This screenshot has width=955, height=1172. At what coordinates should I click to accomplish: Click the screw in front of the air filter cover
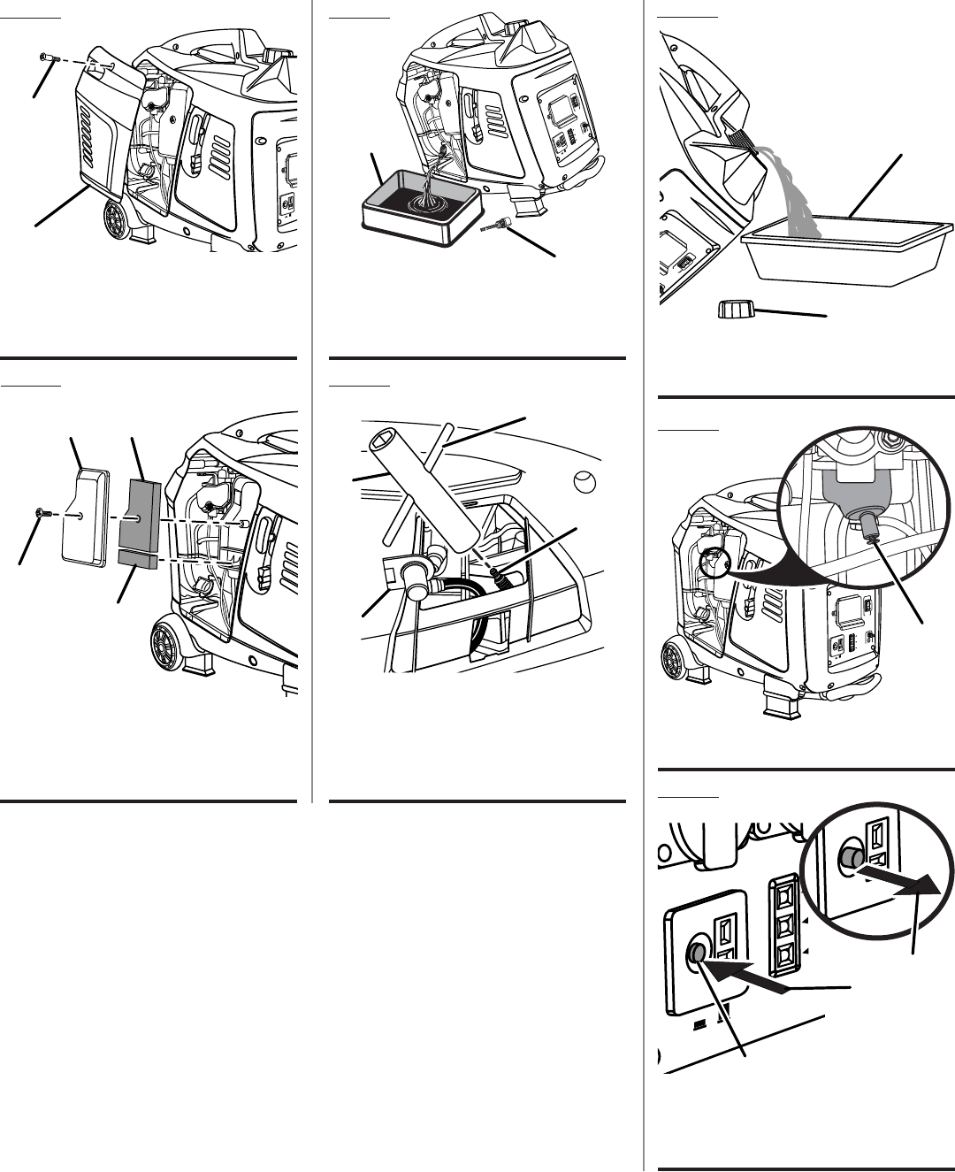[x=42, y=513]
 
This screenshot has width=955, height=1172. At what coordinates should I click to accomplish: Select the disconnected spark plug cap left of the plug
[x=411, y=575]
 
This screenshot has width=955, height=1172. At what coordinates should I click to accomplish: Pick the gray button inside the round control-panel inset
[x=851, y=857]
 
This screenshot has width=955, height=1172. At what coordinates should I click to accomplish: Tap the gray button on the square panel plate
[x=697, y=953]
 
